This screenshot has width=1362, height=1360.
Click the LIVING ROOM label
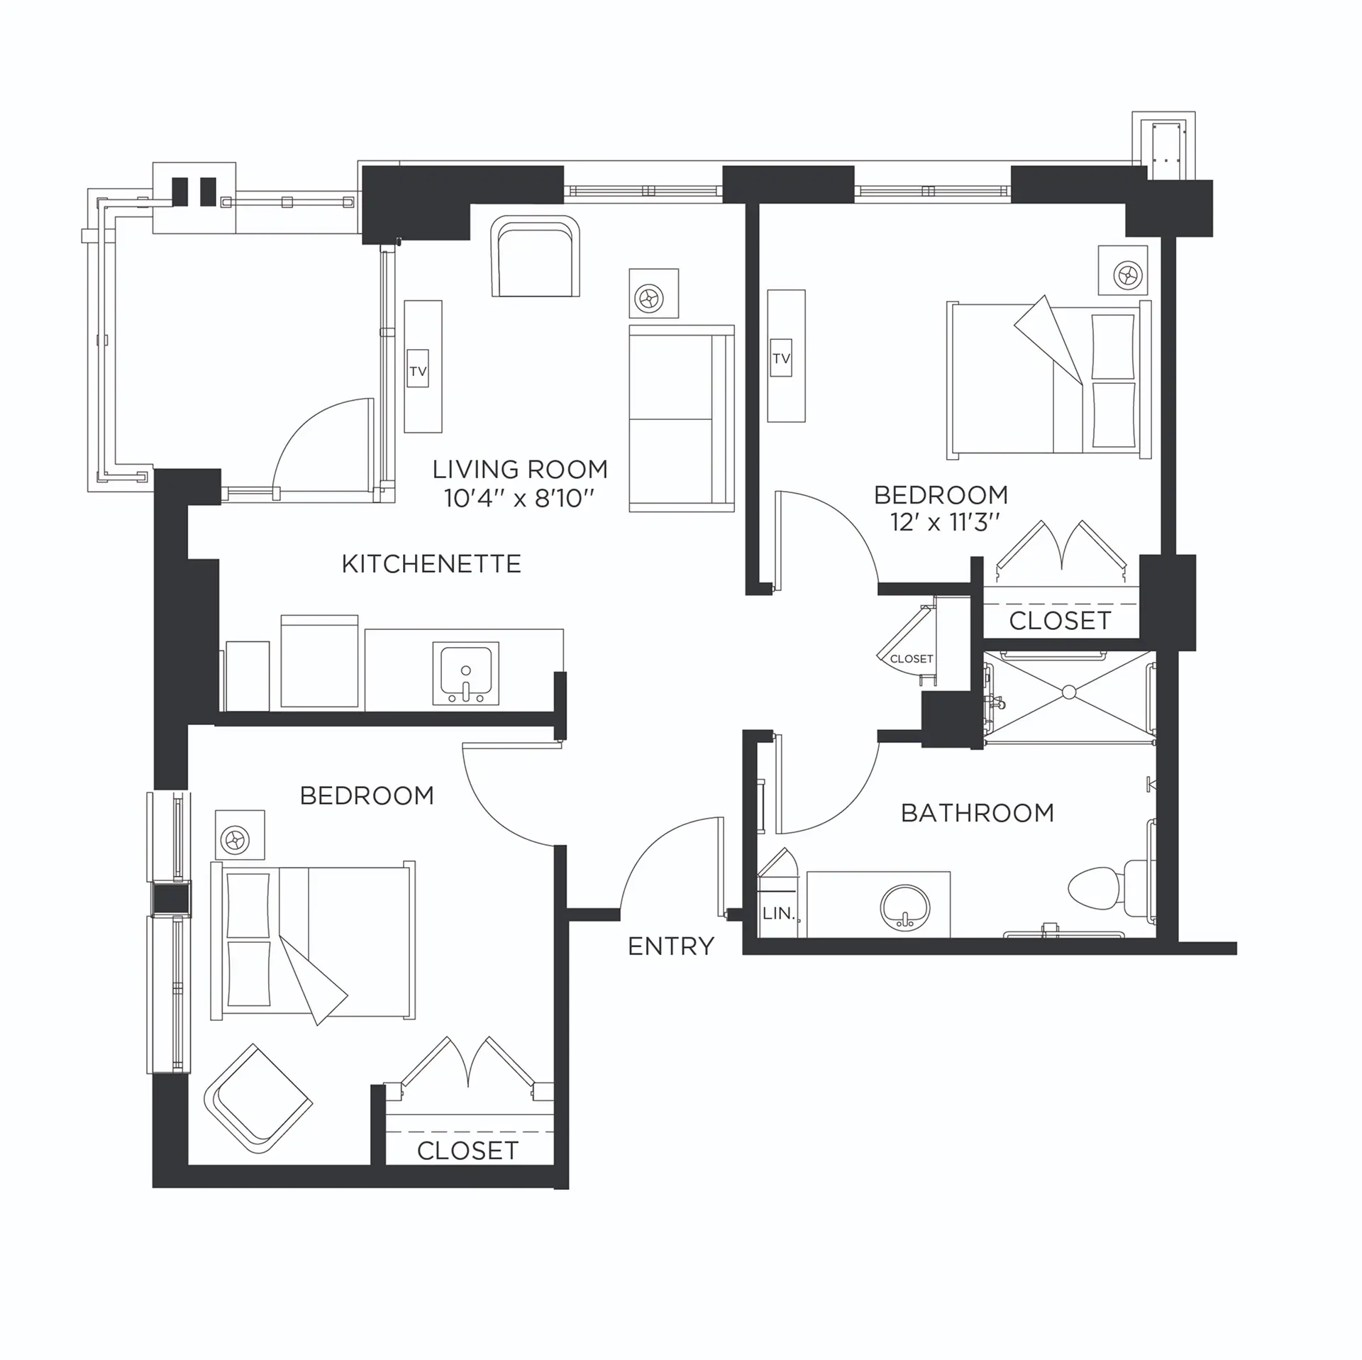click(520, 469)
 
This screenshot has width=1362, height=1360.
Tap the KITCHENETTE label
click(431, 564)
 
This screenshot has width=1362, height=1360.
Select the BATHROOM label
click(977, 812)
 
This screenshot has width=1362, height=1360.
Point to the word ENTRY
click(671, 946)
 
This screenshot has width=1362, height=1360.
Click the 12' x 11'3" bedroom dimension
click(945, 523)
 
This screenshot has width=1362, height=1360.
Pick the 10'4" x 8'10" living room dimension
click(519, 499)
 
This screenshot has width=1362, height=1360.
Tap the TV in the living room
click(418, 371)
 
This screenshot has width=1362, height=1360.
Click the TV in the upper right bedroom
click(781, 358)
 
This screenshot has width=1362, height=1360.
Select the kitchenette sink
click(465, 674)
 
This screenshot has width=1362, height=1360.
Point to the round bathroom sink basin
click(904, 907)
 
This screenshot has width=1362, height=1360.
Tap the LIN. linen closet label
click(778, 914)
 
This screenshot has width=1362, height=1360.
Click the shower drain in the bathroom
click(1068, 692)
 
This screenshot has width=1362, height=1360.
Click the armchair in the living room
click(536, 257)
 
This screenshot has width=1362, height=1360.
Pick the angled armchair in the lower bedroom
click(258, 1099)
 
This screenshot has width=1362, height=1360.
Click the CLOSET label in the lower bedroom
click(467, 1151)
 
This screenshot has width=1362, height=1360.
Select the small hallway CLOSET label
click(911, 659)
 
